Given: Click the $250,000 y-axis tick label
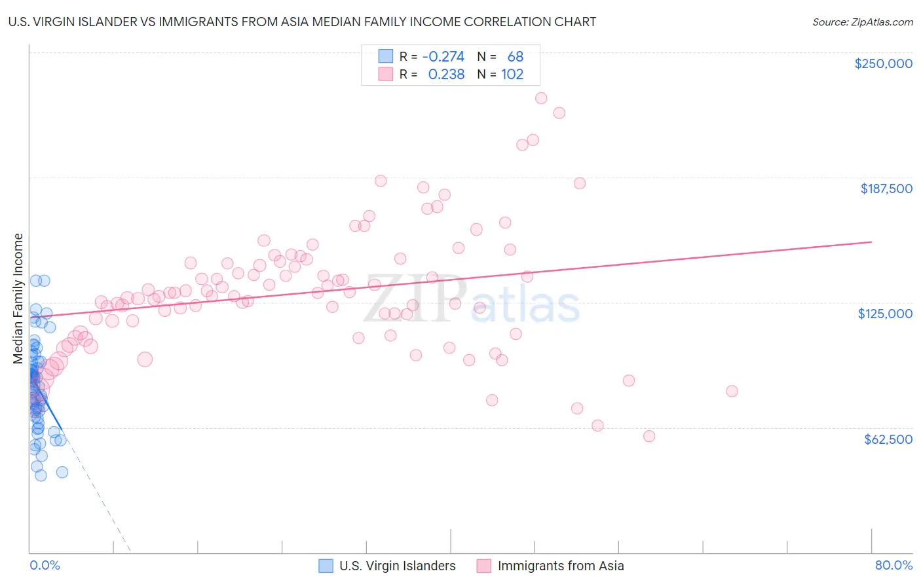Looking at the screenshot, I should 883,64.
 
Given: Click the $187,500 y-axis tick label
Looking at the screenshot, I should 886,189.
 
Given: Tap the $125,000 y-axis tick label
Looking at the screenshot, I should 885,314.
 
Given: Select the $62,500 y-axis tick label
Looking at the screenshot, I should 888,439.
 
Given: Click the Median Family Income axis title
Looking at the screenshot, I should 18,299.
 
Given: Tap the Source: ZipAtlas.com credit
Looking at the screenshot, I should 862,22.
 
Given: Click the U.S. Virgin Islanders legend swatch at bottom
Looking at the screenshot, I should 326,566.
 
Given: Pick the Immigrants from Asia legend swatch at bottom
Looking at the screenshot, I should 484,566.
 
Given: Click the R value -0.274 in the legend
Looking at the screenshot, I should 443,57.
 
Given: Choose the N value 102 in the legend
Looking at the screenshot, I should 512,75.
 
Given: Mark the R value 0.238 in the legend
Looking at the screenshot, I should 446,75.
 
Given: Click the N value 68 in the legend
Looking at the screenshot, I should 516,57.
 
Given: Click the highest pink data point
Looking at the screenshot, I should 541,98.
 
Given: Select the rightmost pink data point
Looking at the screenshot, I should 732,391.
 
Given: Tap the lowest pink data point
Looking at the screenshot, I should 649,436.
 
